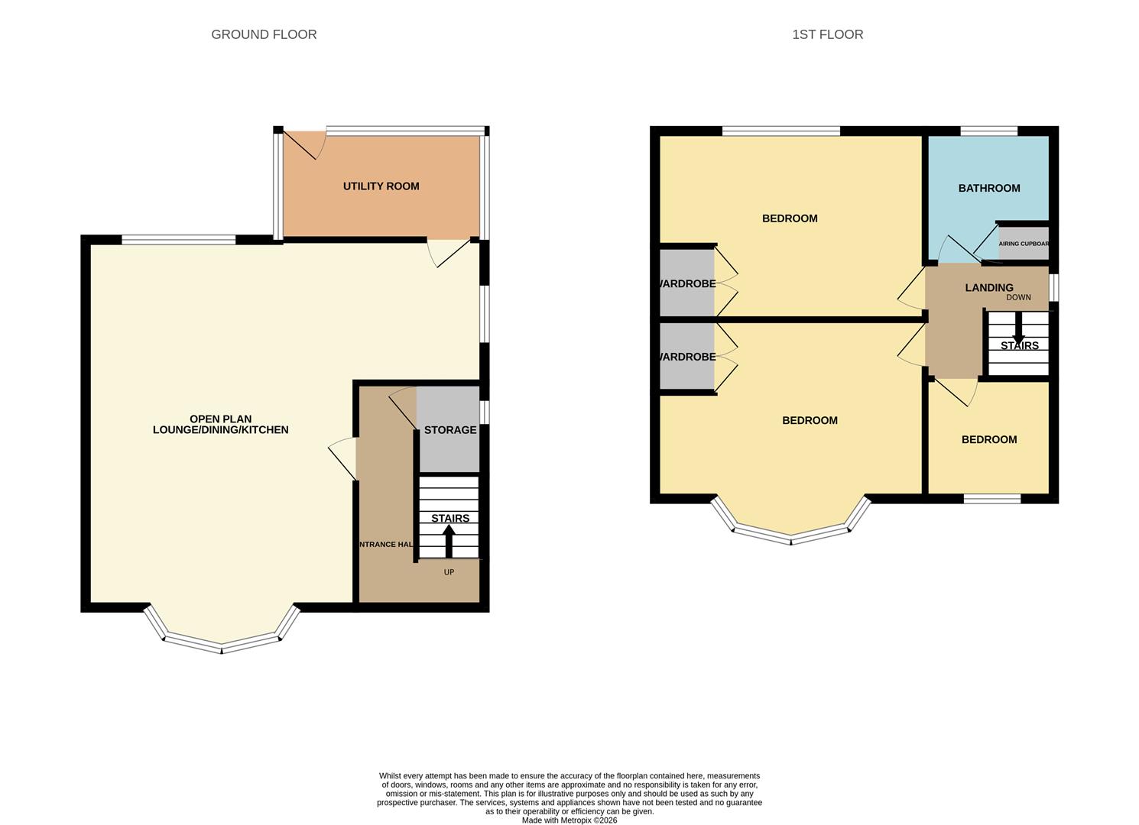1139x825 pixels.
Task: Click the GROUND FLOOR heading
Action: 264,34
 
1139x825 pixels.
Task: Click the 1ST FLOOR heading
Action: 827,34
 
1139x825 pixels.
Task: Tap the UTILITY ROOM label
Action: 381,186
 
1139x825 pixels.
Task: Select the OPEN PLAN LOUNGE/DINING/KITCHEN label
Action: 220,425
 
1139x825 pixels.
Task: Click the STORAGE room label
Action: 450,430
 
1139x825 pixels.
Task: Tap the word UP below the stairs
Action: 449,572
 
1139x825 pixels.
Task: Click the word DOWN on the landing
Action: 1018,297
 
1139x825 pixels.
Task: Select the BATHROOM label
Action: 989,188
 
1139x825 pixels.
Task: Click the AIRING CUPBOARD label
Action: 1024,244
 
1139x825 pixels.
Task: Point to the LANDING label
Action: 989,287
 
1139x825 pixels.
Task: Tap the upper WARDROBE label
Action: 687,283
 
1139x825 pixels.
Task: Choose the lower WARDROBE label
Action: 687,357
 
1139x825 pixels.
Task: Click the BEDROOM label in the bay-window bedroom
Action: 810,420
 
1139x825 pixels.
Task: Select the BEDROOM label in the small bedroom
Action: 989,439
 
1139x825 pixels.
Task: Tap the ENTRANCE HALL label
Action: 387,545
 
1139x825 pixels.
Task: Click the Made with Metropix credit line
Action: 569,820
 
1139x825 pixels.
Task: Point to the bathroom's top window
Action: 988,131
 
